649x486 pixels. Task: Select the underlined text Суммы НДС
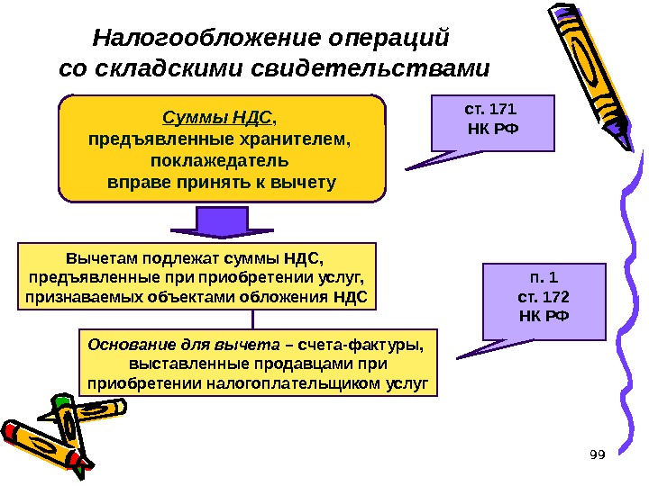tap(216, 117)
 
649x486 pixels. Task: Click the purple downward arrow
tap(220, 223)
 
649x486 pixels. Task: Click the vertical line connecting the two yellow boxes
tap(253, 320)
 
